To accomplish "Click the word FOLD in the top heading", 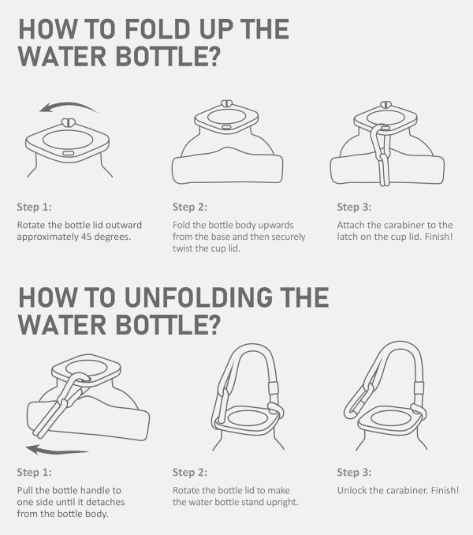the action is click(157, 29).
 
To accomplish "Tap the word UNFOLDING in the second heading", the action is click(199, 297).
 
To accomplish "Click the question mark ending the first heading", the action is click(214, 55).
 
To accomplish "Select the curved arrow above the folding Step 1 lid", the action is click(68, 107).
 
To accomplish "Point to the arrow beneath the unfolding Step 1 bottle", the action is click(58, 450).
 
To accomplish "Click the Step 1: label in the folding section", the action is click(35, 207).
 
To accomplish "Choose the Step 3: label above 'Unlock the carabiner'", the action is click(354, 472).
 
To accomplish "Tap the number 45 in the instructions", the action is click(87, 237).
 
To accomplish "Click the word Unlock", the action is click(352, 490).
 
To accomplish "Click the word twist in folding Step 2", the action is click(182, 249).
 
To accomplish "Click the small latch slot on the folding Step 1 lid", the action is click(68, 153).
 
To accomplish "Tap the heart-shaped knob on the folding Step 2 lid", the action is click(226, 103).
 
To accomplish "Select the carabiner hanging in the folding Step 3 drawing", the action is click(382, 155).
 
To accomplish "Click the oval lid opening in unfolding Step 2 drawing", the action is click(248, 418).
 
